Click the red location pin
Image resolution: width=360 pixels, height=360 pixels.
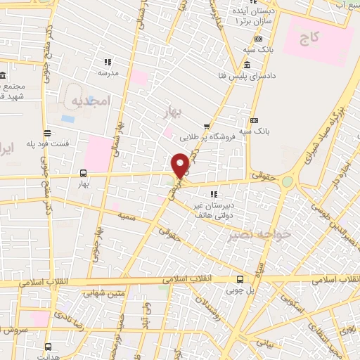point(181,165)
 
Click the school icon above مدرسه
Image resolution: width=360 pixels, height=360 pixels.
point(108,62)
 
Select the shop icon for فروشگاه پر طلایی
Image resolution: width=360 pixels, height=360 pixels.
point(207,127)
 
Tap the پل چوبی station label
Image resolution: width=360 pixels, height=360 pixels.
point(240,288)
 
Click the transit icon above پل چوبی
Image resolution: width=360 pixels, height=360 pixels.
point(240,278)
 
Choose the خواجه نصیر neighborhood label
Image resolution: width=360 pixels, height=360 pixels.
point(250,234)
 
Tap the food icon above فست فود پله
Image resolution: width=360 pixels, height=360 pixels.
point(47,133)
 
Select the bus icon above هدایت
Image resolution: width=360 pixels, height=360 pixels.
point(48,346)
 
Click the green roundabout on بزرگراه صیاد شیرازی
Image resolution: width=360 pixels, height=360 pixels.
point(287,181)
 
